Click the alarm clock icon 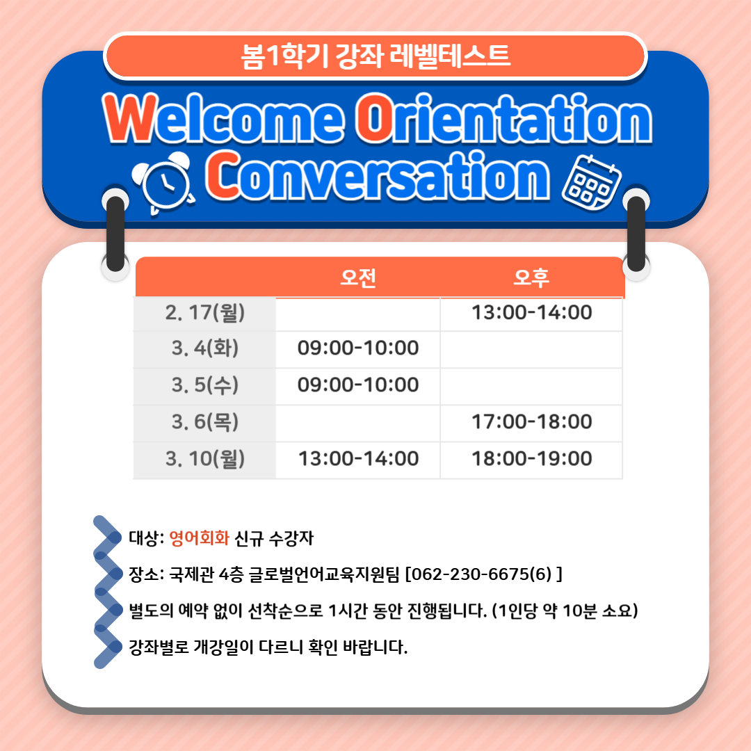click(164, 183)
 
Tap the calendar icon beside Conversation click(592, 182)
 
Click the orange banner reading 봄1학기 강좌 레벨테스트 click(375, 56)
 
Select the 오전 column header click(358, 277)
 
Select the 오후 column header click(531, 277)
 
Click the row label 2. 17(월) click(205, 313)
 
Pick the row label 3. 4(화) click(205, 348)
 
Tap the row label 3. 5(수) click(205, 385)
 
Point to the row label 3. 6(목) click(205, 422)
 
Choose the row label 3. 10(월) click(205, 459)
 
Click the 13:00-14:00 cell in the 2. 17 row click(532, 313)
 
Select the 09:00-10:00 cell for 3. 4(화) click(358, 348)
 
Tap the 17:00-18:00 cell click(532, 422)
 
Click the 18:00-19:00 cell click(532, 459)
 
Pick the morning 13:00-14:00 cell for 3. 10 click(358, 459)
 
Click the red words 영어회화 click(200, 538)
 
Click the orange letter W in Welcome click(131, 118)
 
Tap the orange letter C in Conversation click(223, 175)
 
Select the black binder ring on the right click(636, 234)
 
